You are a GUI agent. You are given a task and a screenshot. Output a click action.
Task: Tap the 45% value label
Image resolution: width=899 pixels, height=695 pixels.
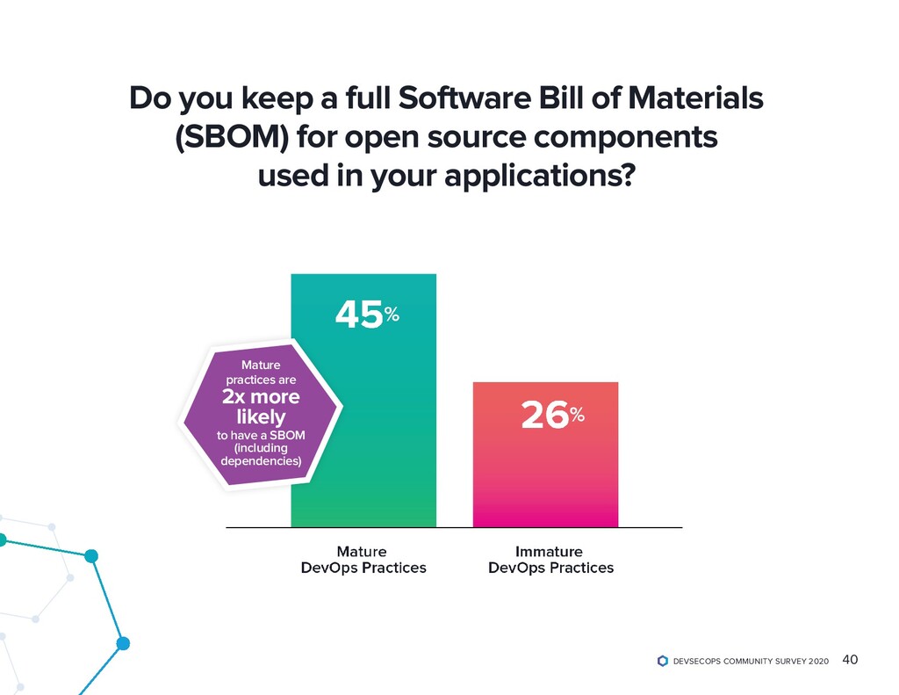point(368,314)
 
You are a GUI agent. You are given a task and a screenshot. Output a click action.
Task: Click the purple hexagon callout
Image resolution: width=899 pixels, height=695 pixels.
point(260,413)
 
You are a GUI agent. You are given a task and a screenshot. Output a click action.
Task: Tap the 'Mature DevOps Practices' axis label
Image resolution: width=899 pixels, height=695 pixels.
point(363,560)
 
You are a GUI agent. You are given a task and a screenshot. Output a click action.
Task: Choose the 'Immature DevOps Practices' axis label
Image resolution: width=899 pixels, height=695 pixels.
point(550,560)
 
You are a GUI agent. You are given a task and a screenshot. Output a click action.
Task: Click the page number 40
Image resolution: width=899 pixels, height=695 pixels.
point(850,660)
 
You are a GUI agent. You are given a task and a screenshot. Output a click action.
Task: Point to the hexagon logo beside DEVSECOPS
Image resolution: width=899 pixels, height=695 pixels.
point(663,661)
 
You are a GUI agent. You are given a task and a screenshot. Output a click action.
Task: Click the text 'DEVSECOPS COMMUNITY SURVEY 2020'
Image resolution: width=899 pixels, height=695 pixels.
point(750,662)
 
